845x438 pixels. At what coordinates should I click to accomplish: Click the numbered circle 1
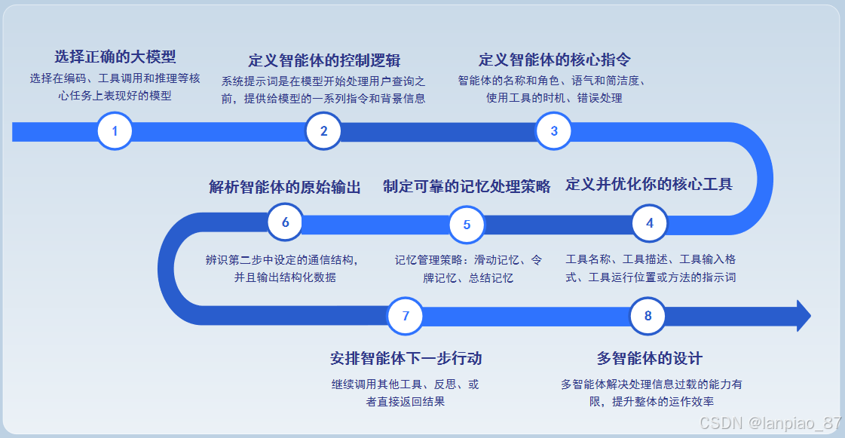pos(115,131)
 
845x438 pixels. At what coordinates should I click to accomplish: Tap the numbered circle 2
pos(323,131)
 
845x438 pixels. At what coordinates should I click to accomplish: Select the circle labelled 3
pos(554,131)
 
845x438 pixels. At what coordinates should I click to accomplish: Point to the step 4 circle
pos(649,222)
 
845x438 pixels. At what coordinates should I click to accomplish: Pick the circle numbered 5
pos(467,224)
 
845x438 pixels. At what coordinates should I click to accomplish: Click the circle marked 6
pos(285,222)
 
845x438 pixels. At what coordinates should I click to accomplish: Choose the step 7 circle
pos(406,315)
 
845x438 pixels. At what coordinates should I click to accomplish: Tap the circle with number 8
pos(648,315)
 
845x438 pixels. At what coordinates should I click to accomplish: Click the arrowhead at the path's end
pos(804,315)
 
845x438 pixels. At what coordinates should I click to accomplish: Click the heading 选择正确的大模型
pos(115,57)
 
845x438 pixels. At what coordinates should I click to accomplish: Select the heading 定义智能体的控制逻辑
pos(324,60)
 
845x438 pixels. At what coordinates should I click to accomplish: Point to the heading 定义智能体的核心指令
pos(555,60)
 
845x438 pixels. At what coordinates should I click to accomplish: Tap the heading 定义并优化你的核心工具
pos(649,185)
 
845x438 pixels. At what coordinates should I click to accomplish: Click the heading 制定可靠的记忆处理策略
pos(467,186)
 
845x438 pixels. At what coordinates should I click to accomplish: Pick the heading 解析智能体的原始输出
pos(285,187)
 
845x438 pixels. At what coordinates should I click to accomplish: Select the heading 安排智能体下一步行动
pos(406,357)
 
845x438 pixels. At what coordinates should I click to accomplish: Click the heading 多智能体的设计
pos(650,357)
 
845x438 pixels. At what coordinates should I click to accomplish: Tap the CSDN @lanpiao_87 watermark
pos(770,423)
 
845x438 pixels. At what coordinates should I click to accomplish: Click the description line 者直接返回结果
pos(406,402)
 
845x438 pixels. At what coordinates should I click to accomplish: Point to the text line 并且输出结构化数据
pos(285,277)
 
